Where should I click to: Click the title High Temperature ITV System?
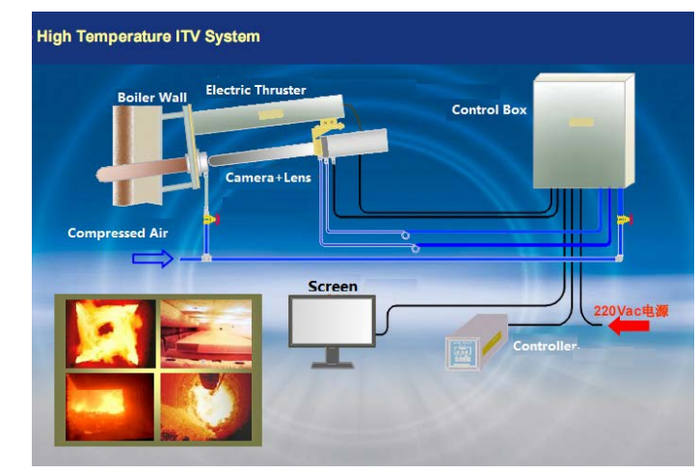point(148,37)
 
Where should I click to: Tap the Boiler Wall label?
point(152,97)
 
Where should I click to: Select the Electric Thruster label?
point(255,90)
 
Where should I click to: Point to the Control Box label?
point(489,110)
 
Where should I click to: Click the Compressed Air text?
point(112,234)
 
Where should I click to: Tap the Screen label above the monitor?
point(333,287)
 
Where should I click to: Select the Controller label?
point(545,346)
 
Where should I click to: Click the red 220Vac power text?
point(631,311)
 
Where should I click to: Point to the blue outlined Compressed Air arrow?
point(152,258)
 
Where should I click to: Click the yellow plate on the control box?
point(579,124)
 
